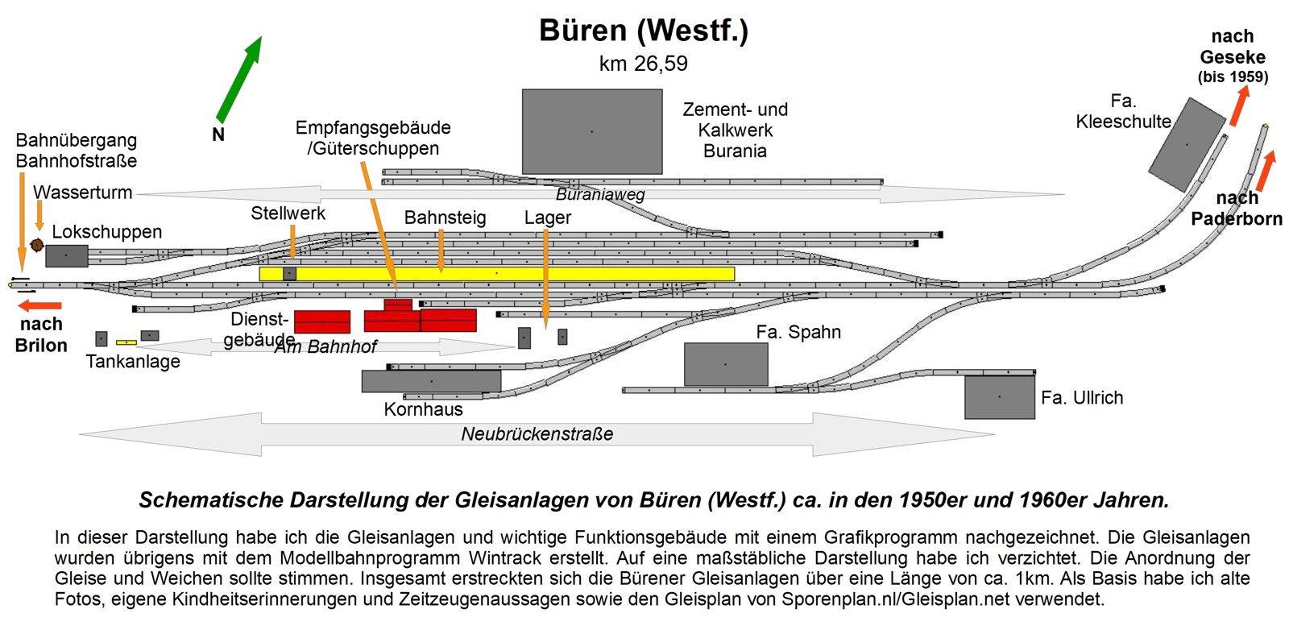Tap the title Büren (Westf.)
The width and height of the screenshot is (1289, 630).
643,31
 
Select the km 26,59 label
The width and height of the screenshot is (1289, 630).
643,64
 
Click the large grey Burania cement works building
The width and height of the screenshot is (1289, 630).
592,131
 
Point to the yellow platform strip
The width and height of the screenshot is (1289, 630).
497,274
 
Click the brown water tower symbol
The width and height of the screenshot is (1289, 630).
36,244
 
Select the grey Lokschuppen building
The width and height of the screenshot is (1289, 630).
66,256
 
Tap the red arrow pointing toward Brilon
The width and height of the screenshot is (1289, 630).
40,305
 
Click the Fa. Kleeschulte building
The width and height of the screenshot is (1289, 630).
1186,145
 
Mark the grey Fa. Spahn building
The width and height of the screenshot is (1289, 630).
725,364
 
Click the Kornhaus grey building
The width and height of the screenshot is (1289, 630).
431,381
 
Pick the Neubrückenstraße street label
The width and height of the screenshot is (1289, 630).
537,434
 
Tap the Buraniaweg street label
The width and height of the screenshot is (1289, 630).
600,194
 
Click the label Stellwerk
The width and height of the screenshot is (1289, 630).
288,213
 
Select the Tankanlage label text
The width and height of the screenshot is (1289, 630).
133,362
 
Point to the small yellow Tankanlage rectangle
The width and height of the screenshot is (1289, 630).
126,342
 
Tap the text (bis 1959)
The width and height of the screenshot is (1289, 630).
1232,77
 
